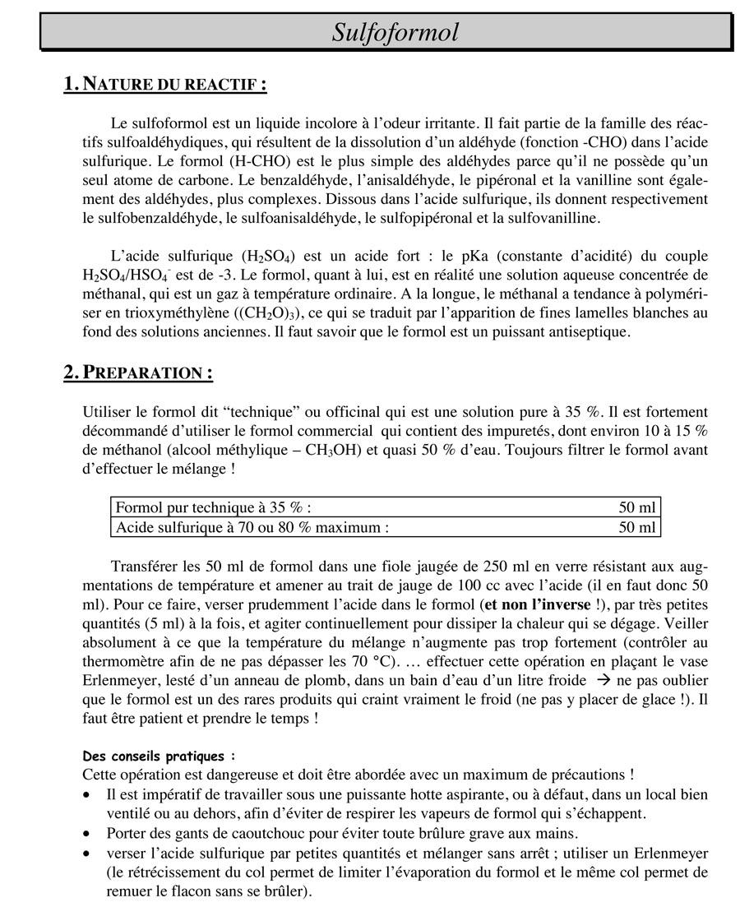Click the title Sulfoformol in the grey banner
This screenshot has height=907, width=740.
(395, 32)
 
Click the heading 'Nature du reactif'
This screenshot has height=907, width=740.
(165, 84)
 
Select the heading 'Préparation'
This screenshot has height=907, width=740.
(138, 373)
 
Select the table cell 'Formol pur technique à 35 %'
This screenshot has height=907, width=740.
(214, 507)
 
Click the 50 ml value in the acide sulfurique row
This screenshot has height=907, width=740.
(637, 527)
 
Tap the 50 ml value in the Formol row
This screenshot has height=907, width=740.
(637, 507)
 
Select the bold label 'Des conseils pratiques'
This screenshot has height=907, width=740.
(159, 756)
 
